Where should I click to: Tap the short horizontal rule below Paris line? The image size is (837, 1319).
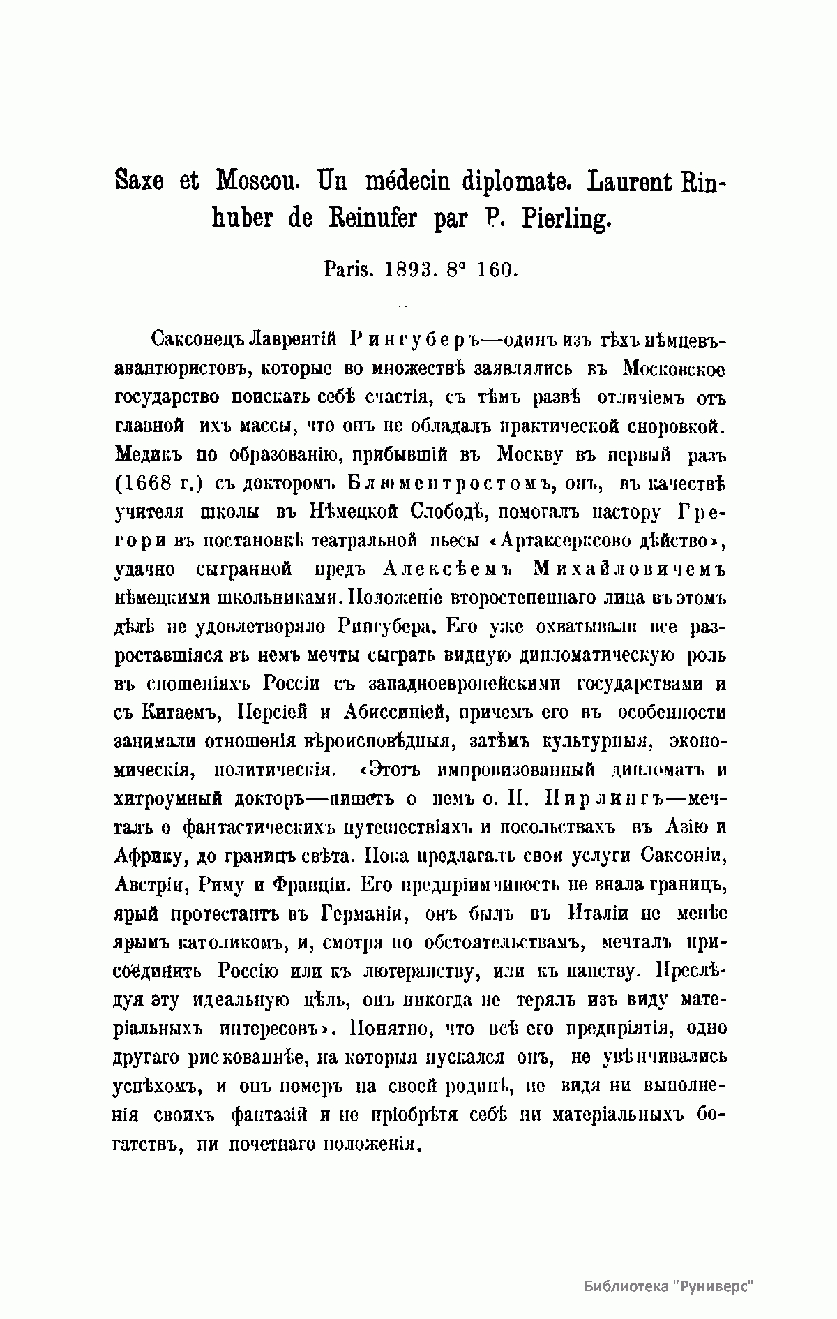click(x=420, y=306)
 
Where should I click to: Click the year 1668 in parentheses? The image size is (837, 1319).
click(x=150, y=483)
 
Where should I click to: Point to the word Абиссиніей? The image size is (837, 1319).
click(x=395, y=712)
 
